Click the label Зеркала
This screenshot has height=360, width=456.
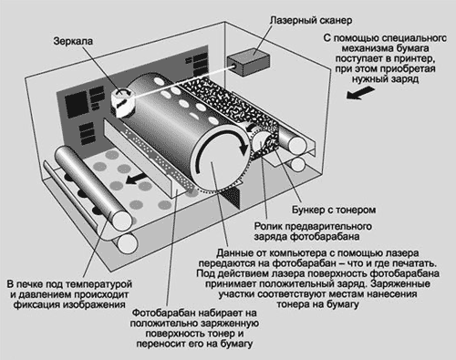[x=73, y=41]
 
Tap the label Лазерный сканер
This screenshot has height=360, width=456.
[x=311, y=20]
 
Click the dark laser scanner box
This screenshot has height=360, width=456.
[x=248, y=62]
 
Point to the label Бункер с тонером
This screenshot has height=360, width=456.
[x=334, y=210]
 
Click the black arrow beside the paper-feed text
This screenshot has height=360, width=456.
[x=360, y=93]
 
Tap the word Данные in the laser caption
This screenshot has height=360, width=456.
[x=234, y=252]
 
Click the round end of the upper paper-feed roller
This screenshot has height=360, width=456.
[x=297, y=145]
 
